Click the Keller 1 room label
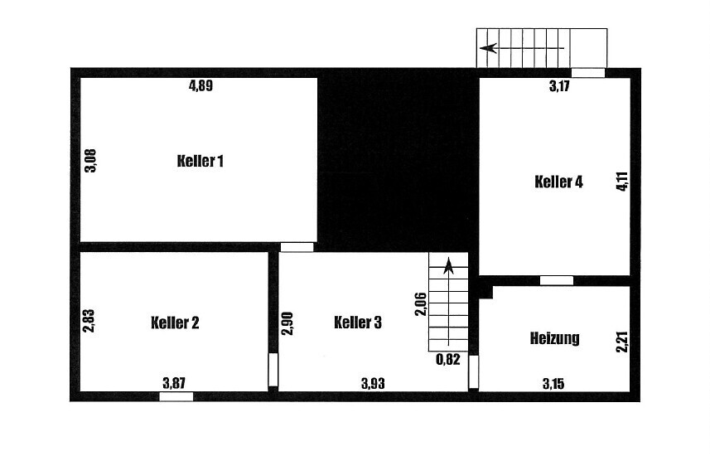click(200, 161)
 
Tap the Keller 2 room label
click(175, 323)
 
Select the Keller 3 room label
click(357, 323)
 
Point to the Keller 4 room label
click(559, 182)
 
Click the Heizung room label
click(554, 337)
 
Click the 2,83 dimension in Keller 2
click(89, 321)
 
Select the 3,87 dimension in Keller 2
click(174, 383)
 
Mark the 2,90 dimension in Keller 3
click(287, 322)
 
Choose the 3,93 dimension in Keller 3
click(373, 383)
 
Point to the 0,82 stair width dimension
click(447, 360)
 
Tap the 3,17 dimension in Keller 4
click(561, 86)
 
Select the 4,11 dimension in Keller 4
click(621, 182)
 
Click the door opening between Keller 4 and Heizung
click(557, 280)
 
